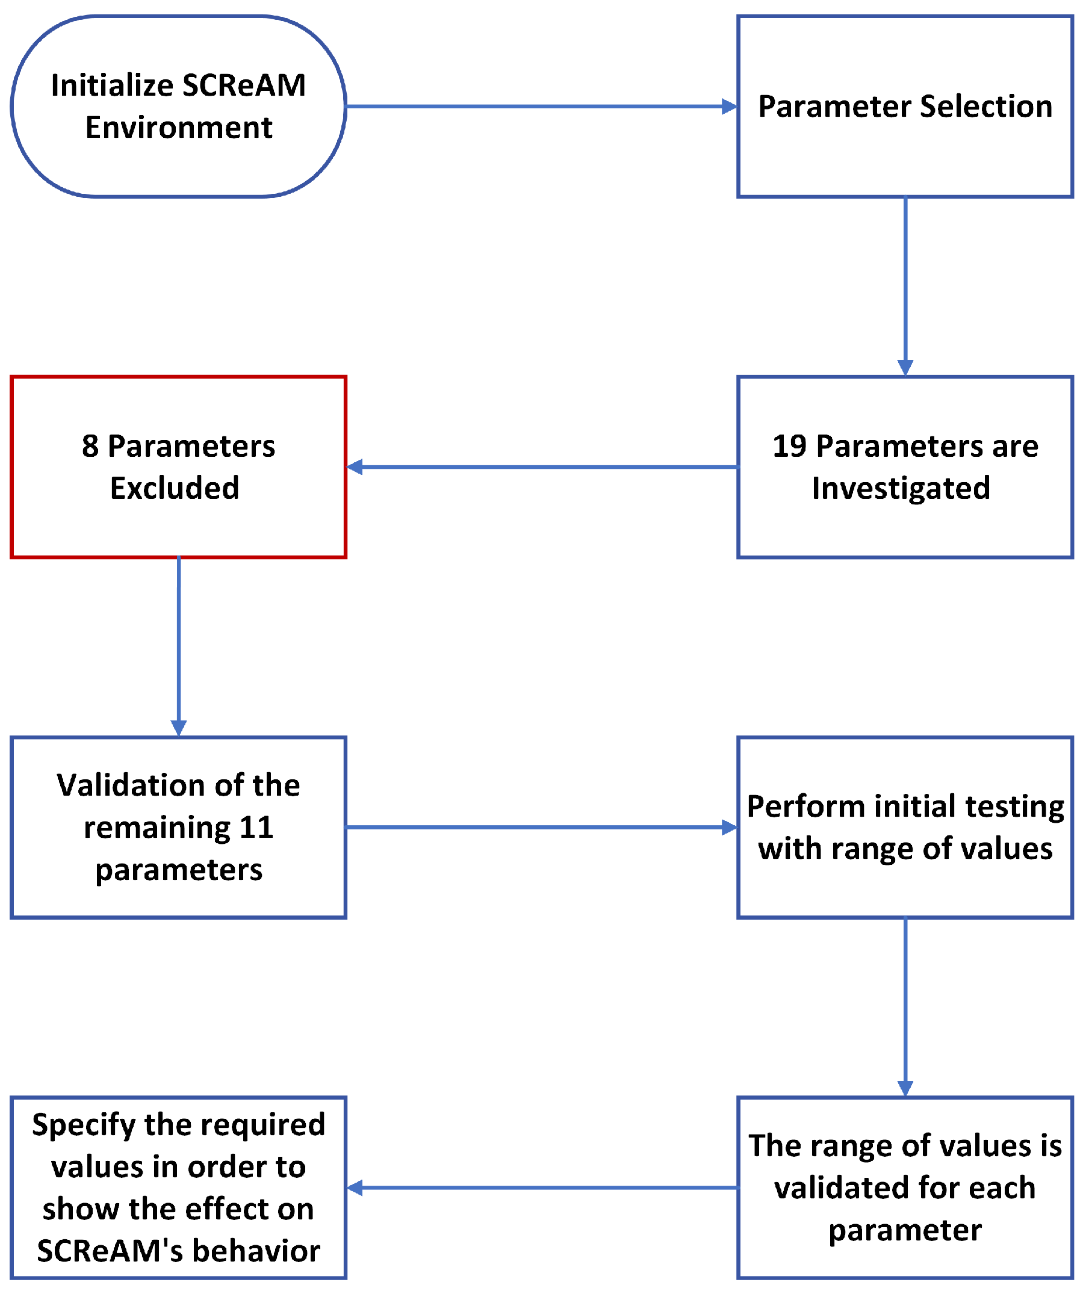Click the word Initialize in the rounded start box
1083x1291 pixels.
click(x=112, y=85)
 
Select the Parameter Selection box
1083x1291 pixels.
click(x=905, y=107)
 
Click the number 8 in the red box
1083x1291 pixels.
click(x=90, y=447)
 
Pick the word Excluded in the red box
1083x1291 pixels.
click(x=175, y=488)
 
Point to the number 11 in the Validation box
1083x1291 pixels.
click(x=256, y=828)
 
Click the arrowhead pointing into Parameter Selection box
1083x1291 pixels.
click(x=730, y=107)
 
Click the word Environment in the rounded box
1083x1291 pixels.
click(x=178, y=127)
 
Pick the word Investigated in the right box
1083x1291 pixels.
click(x=901, y=488)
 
